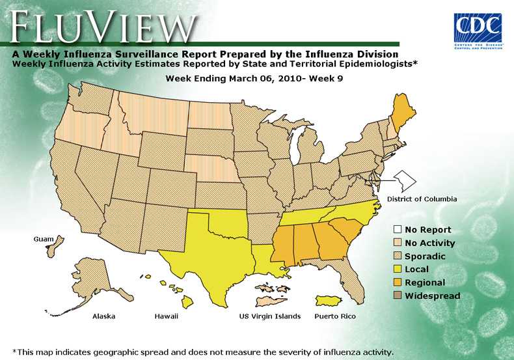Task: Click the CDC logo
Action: click(x=478, y=29)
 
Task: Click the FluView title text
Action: click(x=104, y=27)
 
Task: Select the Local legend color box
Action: click(x=396, y=270)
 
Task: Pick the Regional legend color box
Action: click(x=396, y=283)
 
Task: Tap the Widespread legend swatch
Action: click(x=396, y=296)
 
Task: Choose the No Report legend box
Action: click(x=396, y=230)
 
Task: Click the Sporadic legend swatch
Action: click(x=396, y=256)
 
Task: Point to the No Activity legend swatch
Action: click(x=396, y=243)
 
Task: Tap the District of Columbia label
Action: click(x=422, y=199)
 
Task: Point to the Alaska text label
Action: click(x=103, y=316)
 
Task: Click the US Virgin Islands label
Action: click(x=270, y=316)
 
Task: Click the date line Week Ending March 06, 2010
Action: click(x=254, y=78)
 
